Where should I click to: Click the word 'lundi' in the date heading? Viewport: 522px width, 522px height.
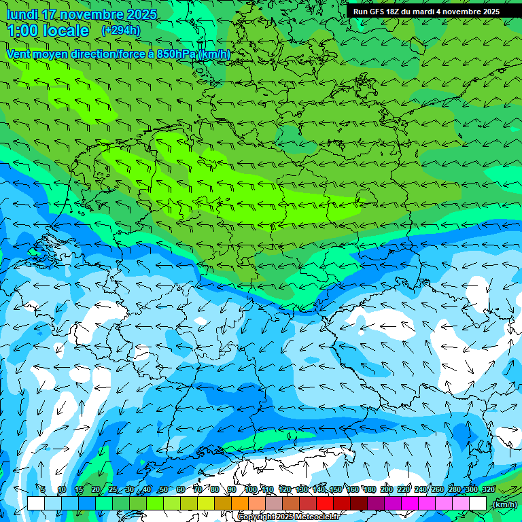coord(22,14)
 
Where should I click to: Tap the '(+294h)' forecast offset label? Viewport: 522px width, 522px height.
coord(120,31)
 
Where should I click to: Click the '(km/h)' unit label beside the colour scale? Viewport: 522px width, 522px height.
coord(504,504)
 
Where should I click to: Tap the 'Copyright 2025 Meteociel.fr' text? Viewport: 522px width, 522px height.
coord(288,517)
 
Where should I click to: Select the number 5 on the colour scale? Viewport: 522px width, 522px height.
coord(42,490)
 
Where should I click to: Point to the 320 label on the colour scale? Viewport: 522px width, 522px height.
coord(488,490)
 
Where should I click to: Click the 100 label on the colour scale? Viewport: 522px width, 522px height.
coord(251,490)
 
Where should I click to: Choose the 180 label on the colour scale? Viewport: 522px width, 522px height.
coord(369,490)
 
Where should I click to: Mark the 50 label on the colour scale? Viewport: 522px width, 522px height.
coord(164,490)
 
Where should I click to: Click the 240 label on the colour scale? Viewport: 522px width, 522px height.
coord(420,490)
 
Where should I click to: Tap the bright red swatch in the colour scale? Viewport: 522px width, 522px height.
coord(325,503)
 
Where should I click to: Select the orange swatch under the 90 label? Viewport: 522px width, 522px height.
coord(240,503)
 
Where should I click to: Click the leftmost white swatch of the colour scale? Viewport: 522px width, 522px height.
coord(36,503)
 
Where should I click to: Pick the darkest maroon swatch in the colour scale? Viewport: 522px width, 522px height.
coord(359,503)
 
